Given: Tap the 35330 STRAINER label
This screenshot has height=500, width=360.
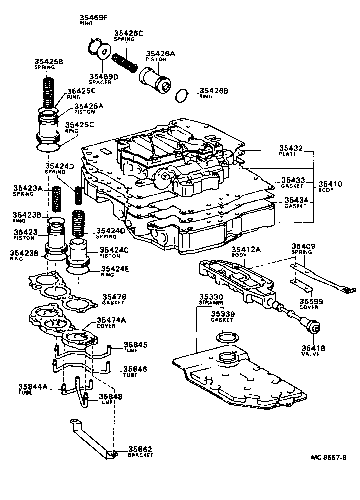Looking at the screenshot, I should point(212,299).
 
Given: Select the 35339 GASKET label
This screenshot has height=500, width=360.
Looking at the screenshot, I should point(223,318).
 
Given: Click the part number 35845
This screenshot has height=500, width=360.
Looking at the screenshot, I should point(136,346).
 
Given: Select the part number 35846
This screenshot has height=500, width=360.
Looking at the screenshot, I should point(136,369).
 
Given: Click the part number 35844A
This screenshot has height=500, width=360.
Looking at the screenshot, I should point(32,389).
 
